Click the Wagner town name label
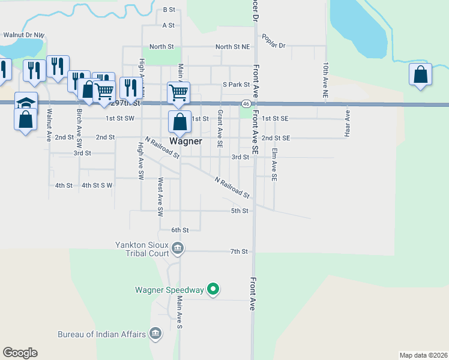click(x=185, y=142)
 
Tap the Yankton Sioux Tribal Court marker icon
click(x=178, y=248)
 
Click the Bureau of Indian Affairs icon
click(x=155, y=334)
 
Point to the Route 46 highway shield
click(x=246, y=103)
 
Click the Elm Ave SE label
click(x=274, y=165)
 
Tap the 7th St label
click(x=239, y=251)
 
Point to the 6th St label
click(x=180, y=230)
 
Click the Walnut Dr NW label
click(x=24, y=35)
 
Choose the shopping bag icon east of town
click(x=421, y=75)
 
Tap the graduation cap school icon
click(x=26, y=101)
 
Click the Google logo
click(x=20, y=353)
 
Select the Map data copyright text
click(x=423, y=355)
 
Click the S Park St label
click(x=236, y=85)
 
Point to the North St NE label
click(x=232, y=47)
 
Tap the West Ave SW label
click(x=160, y=197)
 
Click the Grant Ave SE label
click(x=220, y=129)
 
